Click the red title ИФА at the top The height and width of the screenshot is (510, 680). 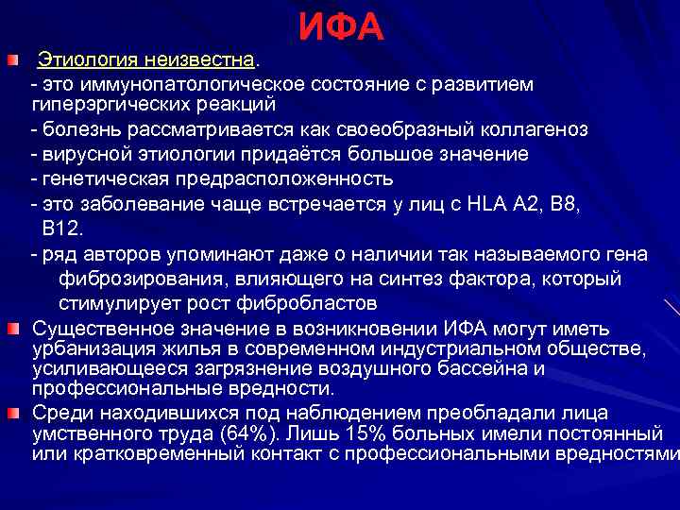pos(341,28)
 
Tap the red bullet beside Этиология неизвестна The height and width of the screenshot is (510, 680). pos(11,61)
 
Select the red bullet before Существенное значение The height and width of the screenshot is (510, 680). pos(11,328)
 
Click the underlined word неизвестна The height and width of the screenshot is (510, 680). pos(199,60)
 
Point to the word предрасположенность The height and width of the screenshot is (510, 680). pos(271,178)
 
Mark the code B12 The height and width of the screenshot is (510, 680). pos(62,229)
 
